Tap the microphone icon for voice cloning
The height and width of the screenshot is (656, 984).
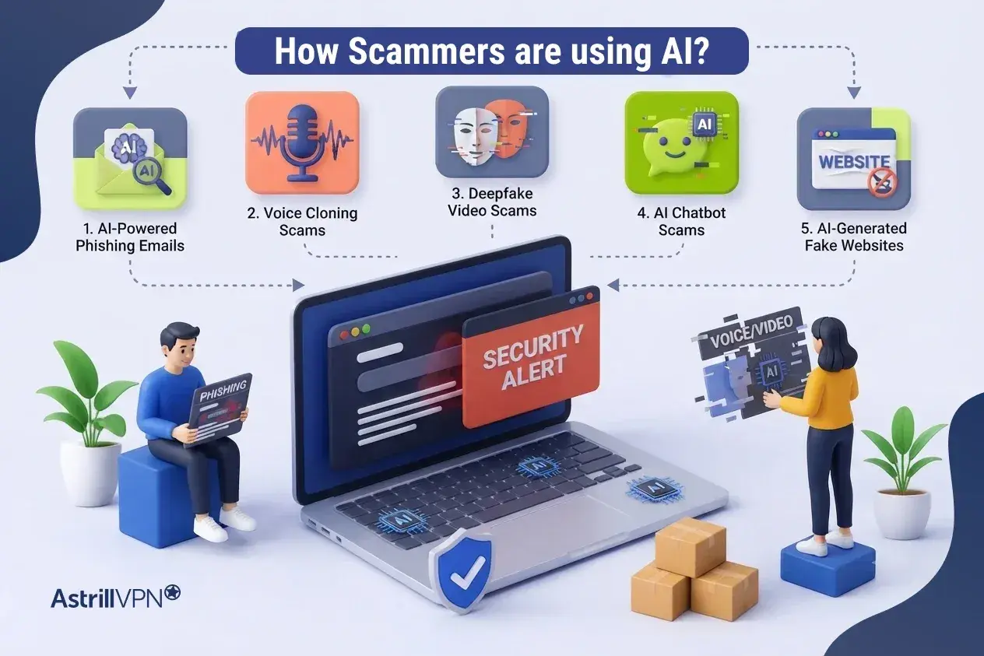(302, 142)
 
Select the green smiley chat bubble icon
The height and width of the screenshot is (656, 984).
(676, 146)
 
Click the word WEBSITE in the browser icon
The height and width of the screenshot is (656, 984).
(854, 162)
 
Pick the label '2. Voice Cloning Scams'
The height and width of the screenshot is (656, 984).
(302, 221)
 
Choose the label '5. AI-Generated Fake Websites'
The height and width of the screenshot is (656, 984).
(853, 237)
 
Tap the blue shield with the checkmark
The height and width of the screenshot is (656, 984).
(462, 570)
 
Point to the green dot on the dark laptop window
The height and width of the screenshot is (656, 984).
(365, 328)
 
